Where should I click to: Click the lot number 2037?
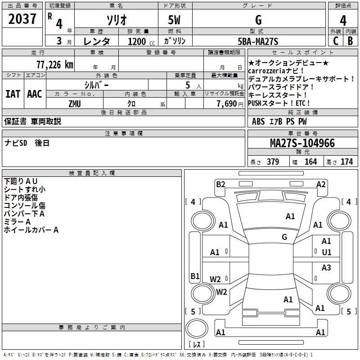[x=22, y=18]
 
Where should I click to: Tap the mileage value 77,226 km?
[x=55, y=65]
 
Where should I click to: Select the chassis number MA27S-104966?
[x=302, y=143]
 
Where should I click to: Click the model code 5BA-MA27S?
[x=258, y=41]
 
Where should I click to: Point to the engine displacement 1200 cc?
[x=141, y=41]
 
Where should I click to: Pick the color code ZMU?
[x=75, y=104]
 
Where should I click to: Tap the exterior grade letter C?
[x=336, y=41]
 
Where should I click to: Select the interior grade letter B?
[x=350, y=41]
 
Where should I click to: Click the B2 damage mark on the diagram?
[x=220, y=184]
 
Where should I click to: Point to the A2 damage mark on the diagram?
[x=321, y=184]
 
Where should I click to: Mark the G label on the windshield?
[x=284, y=237]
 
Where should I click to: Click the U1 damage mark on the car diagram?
[x=327, y=252]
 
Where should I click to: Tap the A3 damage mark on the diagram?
[x=326, y=267]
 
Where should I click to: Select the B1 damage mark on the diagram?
[x=195, y=276]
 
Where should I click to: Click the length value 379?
[x=273, y=162]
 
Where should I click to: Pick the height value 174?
[x=346, y=162]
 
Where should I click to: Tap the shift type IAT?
[x=13, y=94]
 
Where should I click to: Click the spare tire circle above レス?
[x=197, y=328]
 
